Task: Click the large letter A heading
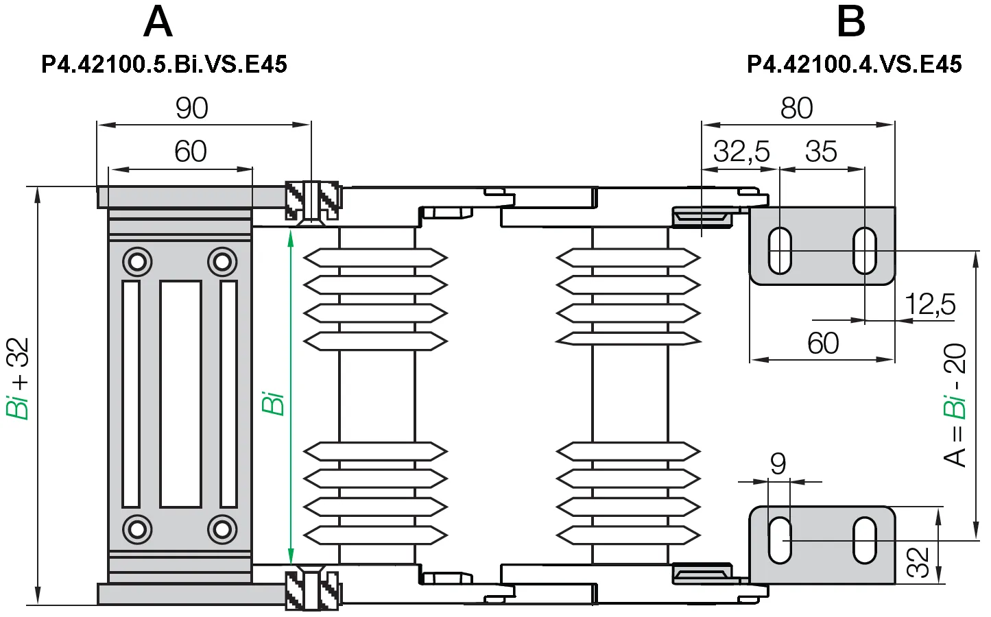(158, 22)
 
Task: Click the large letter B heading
(850, 22)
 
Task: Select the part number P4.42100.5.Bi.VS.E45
(164, 64)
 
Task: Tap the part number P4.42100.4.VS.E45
(854, 64)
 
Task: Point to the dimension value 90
(191, 108)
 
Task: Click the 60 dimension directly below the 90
(190, 152)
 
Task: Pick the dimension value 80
(796, 108)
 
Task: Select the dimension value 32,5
(741, 152)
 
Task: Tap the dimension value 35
(821, 152)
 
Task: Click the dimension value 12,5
(929, 304)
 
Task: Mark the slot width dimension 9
(778, 465)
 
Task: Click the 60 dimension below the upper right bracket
(822, 343)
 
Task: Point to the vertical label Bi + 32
(19, 378)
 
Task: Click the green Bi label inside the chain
(273, 403)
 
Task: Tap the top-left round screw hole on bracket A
(137, 262)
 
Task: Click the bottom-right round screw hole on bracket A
(222, 529)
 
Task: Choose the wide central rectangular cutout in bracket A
(181, 394)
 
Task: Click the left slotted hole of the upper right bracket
(780, 251)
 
